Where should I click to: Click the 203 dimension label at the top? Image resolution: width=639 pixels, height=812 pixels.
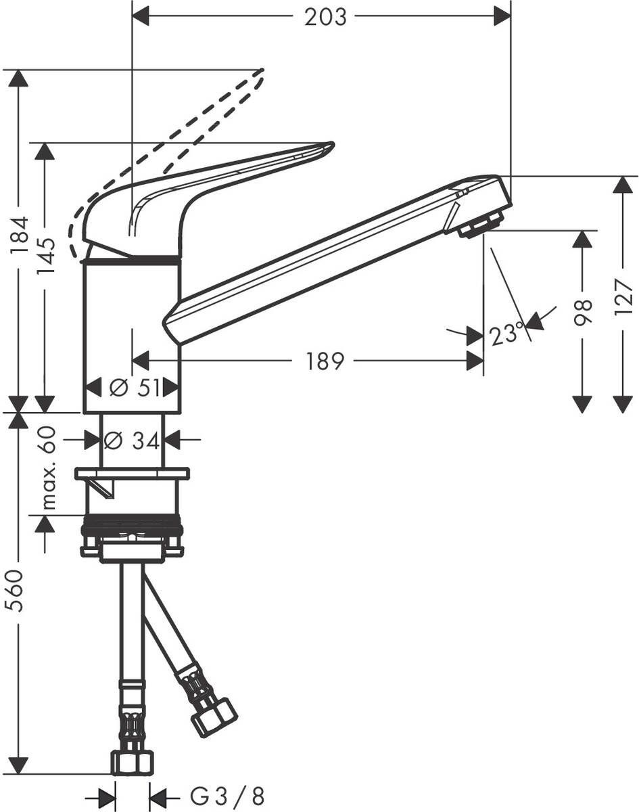pos(325,17)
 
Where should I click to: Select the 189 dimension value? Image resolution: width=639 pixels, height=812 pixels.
pos(324,361)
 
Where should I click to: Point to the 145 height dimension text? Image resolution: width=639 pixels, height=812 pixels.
pos(46,256)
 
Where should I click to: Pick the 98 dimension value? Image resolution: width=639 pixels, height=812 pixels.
pos(583,313)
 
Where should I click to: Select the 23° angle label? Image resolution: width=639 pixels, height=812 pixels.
pos(507,334)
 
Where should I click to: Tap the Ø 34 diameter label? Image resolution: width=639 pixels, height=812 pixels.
pos(133,441)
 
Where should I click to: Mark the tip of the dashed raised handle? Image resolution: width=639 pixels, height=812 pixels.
pos(260,72)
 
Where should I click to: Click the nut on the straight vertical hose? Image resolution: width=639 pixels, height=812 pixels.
pos(133,762)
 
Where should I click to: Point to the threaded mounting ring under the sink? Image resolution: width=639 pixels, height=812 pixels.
pos(133,525)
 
